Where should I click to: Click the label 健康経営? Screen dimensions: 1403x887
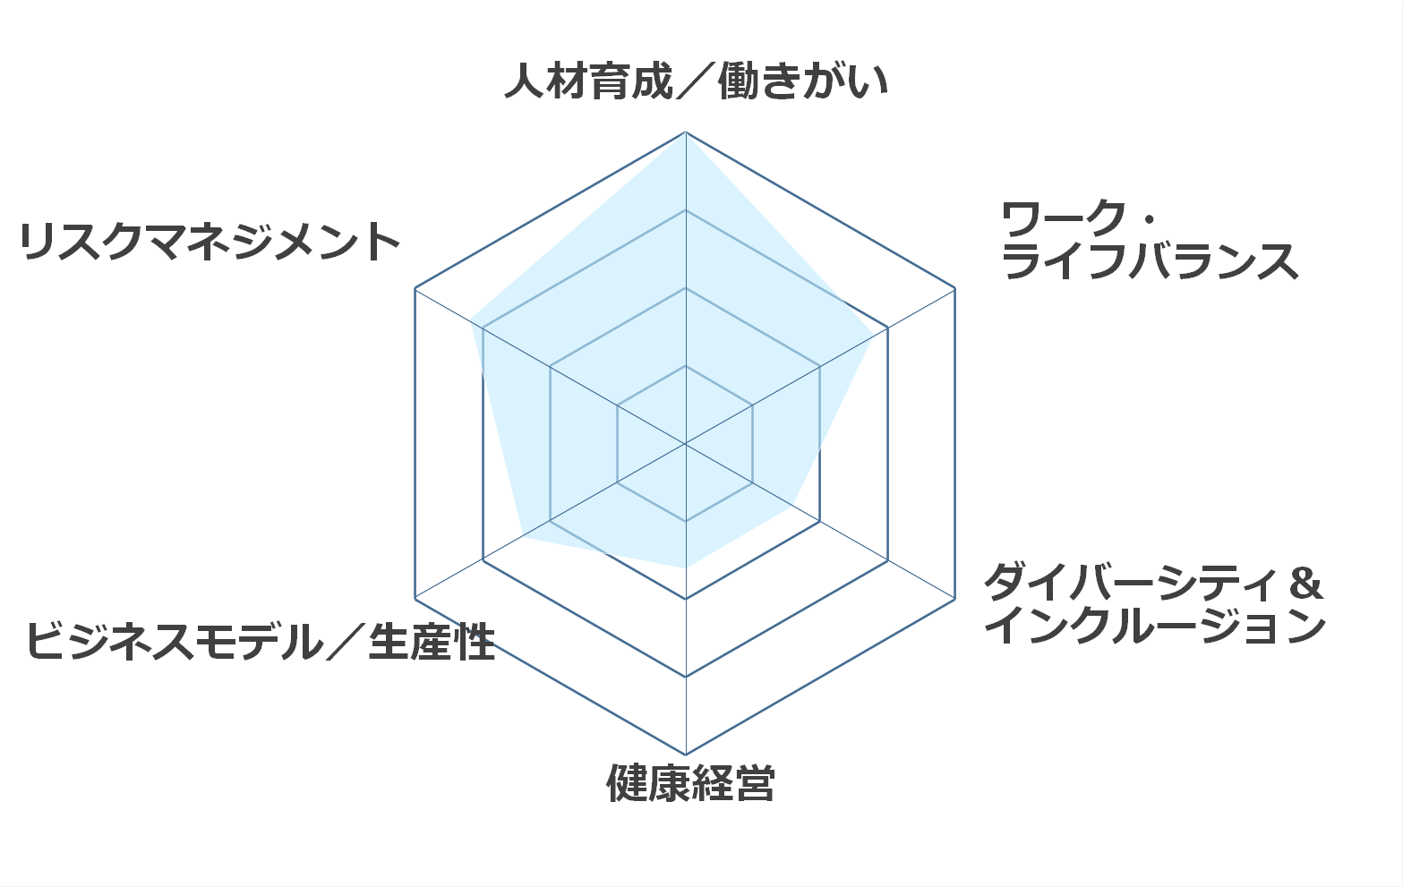(690, 783)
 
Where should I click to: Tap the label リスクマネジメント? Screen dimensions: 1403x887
(210, 242)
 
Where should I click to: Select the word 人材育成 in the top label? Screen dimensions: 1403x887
(589, 81)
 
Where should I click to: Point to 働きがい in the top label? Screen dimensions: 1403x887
(804, 81)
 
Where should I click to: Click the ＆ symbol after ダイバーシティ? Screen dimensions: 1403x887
(1306, 582)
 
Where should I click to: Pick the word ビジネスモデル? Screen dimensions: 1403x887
(173, 641)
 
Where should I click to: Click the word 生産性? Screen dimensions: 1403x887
(432, 641)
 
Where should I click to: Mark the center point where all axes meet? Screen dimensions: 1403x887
(686, 444)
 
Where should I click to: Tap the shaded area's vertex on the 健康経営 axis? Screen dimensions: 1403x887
(686, 567)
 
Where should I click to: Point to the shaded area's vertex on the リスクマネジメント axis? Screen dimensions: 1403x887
(470, 320)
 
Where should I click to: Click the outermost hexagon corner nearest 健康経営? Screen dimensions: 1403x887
(686, 755)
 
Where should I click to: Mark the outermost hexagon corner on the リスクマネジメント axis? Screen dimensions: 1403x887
(415, 288)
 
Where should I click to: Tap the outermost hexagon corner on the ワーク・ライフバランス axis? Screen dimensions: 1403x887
(955, 288)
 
